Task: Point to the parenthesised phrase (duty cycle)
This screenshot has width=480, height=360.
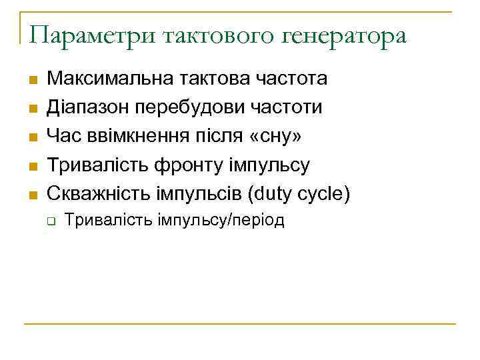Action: tap(301, 195)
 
